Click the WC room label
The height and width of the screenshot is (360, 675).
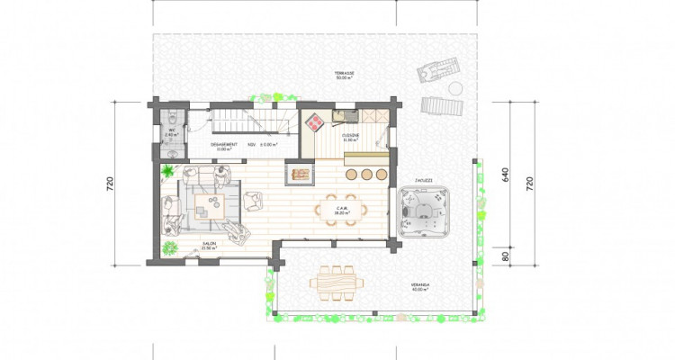click(x=171, y=131)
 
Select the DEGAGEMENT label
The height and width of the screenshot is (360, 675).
click(x=224, y=144)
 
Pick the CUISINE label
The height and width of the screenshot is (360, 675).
click(x=351, y=135)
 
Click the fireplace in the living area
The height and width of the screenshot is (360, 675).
click(x=301, y=171)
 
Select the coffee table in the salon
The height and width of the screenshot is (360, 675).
click(x=204, y=204)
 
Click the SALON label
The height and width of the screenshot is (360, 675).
click(x=209, y=244)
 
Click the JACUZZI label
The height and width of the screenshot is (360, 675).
click(x=425, y=181)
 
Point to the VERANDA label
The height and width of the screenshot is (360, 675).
click(x=420, y=287)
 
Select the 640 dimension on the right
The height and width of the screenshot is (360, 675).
click(x=506, y=174)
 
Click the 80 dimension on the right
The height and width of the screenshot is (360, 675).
click(x=506, y=256)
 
